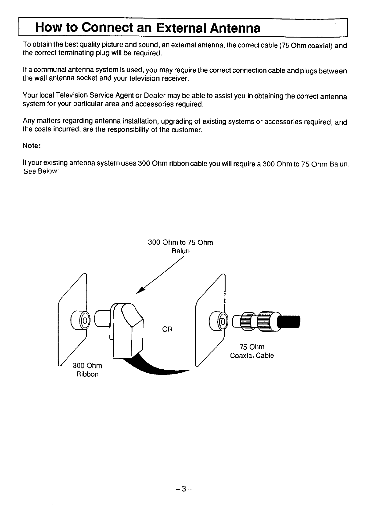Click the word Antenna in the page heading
coord(235,28)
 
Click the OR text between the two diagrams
coord(167,329)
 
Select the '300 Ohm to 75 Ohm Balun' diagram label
coord(180,247)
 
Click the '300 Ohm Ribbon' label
coord(87,370)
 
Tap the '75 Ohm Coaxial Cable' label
coord(252,351)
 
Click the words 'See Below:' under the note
coord(41,171)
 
